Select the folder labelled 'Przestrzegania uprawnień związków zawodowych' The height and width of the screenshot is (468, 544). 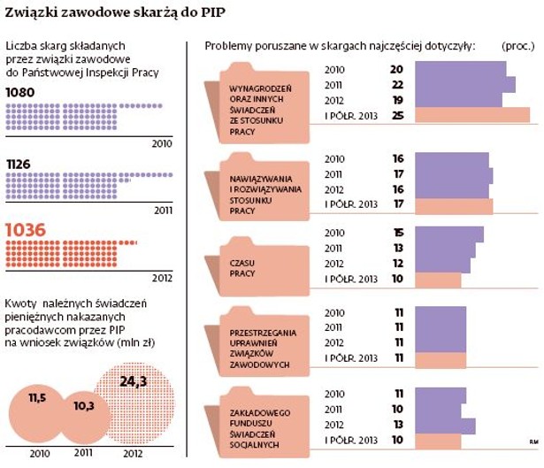(257, 341)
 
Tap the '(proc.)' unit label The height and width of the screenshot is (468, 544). (517, 44)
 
